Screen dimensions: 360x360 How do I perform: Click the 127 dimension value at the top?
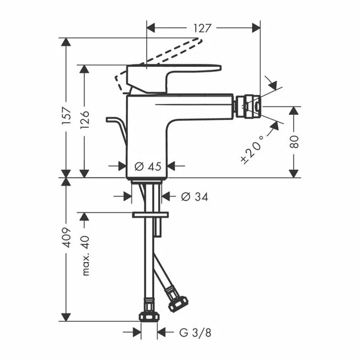click(204, 27)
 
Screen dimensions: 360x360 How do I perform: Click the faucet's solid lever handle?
click(179, 71)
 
